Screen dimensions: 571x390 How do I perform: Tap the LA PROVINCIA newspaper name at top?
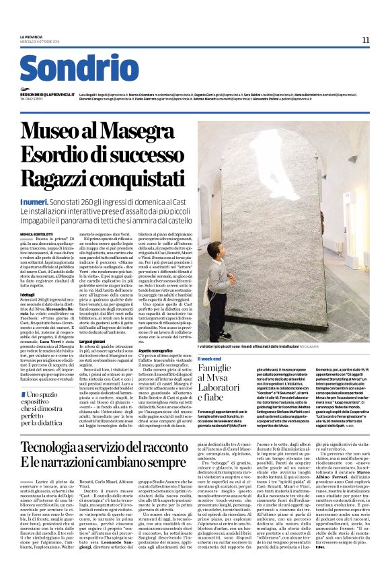point(31,37)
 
